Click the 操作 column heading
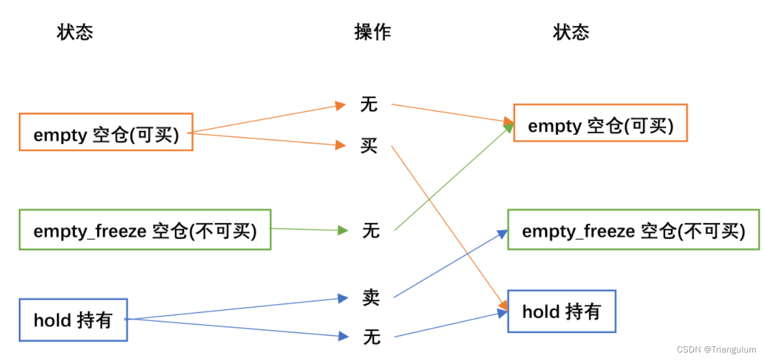point(373,32)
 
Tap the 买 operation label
point(369,146)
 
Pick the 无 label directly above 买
point(369,104)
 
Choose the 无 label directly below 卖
point(372,337)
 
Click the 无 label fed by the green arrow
point(371,231)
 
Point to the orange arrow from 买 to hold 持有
point(449,227)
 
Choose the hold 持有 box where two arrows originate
point(73,320)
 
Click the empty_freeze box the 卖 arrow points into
point(633,230)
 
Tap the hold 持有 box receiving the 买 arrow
point(561,311)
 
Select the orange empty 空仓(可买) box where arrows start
point(106,132)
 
